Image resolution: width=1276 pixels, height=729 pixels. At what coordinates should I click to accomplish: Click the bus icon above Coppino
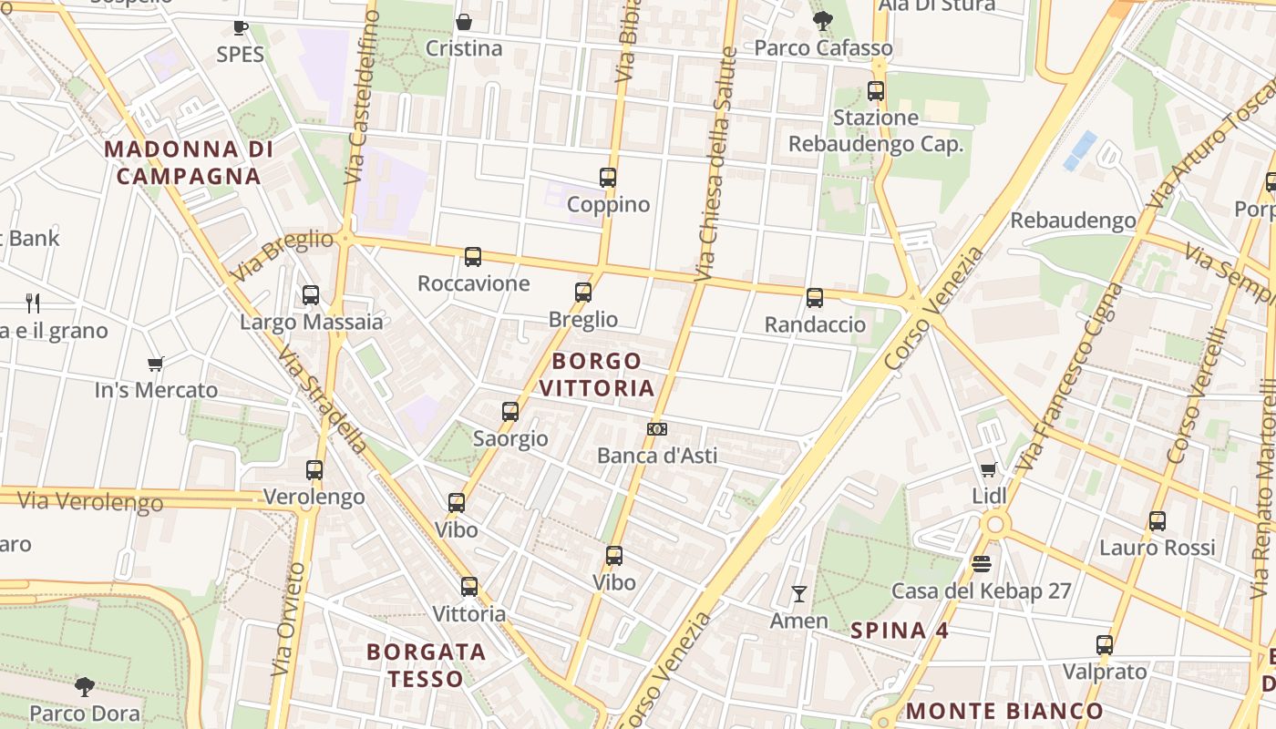[x=608, y=178]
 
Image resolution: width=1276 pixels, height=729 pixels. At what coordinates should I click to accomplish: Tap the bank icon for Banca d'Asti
[x=656, y=429]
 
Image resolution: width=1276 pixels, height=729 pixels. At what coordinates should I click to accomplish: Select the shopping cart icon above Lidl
[x=989, y=470]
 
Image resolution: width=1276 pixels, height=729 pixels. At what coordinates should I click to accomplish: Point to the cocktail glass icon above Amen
[x=799, y=594]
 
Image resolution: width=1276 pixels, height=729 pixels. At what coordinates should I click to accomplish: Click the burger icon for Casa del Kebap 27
[x=981, y=564]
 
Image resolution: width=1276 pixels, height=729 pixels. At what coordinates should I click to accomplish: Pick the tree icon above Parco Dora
[x=85, y=686]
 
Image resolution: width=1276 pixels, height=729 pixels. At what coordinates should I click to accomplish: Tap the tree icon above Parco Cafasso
[x=823, y=21]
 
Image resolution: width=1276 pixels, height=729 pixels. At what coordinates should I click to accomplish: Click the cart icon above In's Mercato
[x=156, y=364]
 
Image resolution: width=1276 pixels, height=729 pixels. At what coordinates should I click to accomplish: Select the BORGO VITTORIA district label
[x=597, y=375]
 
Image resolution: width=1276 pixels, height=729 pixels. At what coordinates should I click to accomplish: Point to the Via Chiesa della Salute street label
[x=715, y=164]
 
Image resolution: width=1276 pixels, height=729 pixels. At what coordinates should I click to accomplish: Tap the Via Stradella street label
[x=323, y=400]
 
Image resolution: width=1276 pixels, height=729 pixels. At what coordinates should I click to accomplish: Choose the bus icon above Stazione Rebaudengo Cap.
[x=876, y=91]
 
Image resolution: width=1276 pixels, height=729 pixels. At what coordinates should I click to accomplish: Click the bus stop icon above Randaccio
[x=815, y=298]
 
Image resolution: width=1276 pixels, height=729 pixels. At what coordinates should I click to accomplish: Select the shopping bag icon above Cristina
[x=464, y=22]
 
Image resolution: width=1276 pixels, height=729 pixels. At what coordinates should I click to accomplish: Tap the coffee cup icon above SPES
[x=241, y=28]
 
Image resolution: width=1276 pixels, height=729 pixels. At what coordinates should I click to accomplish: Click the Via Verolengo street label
[x=90, y=500]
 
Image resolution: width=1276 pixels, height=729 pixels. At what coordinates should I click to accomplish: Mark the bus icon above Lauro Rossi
[x=1158, y=522]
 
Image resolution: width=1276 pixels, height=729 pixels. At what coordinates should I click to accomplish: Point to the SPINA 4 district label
[x=900, y=631]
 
